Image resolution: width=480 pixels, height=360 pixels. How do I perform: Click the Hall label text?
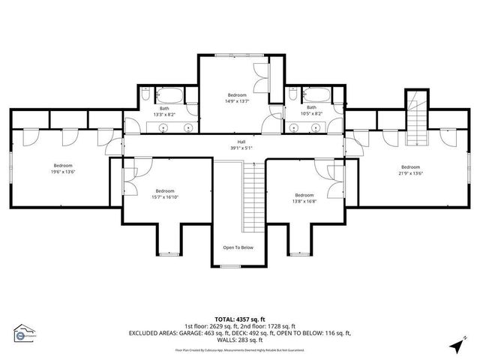[241, 142]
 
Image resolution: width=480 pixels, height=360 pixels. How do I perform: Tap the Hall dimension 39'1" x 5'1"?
[241, 148]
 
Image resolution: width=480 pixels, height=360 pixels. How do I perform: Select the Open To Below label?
[238, 247]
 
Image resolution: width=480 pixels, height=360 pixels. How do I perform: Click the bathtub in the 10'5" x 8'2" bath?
[315, 94]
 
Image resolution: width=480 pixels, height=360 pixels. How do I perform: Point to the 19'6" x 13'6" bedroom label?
[63, 166]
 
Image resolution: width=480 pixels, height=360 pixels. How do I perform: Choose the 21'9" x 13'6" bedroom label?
[410, 167]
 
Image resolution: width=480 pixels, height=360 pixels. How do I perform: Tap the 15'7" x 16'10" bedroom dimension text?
[165, 197]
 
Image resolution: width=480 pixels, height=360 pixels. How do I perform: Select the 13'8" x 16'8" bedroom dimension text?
[304, 201]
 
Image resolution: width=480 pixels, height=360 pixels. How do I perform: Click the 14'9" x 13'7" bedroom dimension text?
[238, 101]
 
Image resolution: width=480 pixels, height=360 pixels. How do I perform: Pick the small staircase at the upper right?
[415, 120]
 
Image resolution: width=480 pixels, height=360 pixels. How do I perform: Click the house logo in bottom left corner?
[25, 333]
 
